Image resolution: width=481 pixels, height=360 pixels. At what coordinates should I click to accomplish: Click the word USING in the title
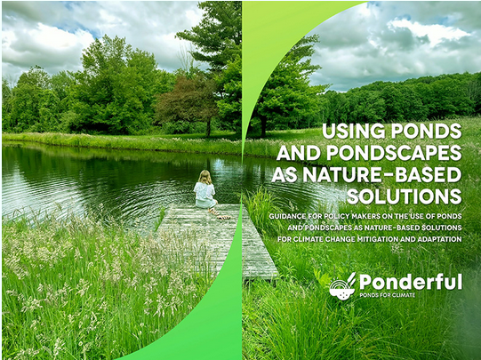[x=353, y=131]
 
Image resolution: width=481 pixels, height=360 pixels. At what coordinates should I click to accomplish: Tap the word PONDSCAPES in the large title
[x=394, y=153]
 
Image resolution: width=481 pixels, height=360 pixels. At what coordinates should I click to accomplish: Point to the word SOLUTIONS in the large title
[x=405, y=196]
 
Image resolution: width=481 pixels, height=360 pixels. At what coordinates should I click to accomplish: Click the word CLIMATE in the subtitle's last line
[x=309, y=239]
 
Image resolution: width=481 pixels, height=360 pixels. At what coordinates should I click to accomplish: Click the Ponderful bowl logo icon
[x=342, y=286]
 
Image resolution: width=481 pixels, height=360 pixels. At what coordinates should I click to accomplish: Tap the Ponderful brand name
[x=411, y=282]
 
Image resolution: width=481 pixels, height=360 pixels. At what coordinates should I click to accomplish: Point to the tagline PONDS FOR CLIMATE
[x=387, y=295]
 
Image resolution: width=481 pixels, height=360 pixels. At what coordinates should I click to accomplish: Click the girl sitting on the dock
[x=206, y=193]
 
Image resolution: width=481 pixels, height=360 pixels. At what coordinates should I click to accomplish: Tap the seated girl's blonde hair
[x=205, y=177]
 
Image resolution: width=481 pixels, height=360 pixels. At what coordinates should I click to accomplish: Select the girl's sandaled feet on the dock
[x=220, y=214]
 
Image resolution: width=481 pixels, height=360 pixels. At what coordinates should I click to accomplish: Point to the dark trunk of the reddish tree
[x=209, y=126]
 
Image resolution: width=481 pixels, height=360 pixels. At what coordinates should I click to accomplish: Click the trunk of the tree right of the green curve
[x=263, y=124]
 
